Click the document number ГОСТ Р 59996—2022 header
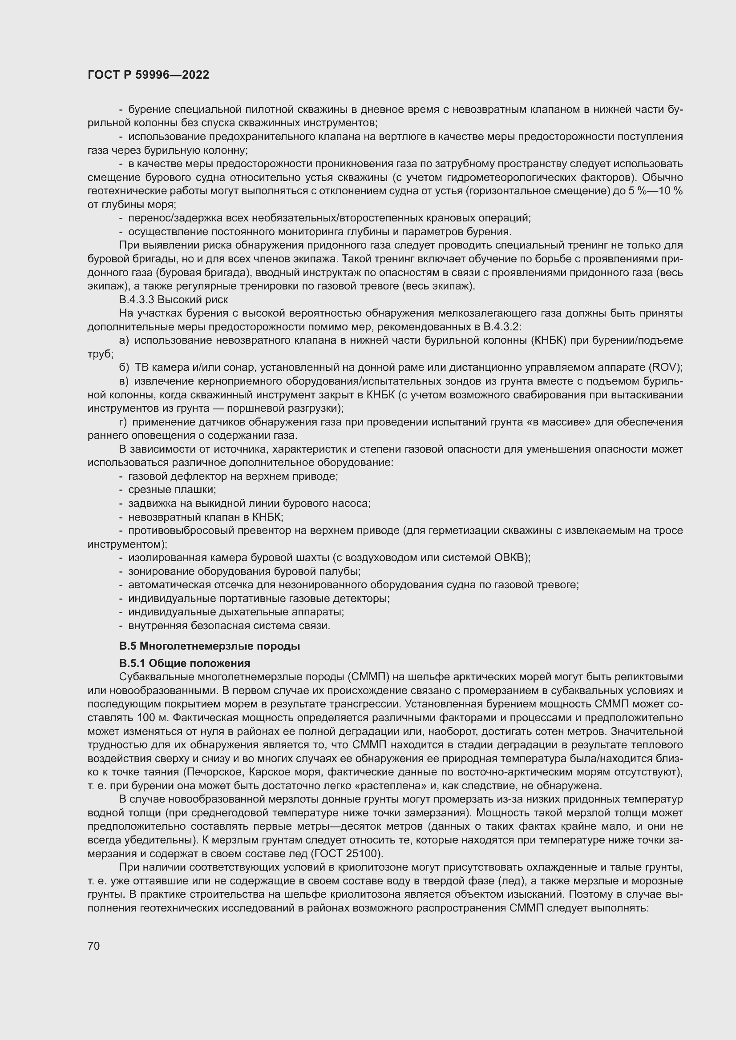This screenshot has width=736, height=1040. pos(148,75)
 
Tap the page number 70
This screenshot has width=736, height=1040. pos(93,946)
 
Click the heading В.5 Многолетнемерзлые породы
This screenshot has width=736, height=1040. pos(210,646)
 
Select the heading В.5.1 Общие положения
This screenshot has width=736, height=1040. pos(185,663)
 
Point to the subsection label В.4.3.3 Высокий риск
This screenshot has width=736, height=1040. pos(173,299)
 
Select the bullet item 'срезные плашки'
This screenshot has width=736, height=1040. pos(172,490)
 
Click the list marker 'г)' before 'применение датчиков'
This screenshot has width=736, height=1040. pos(123,422)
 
